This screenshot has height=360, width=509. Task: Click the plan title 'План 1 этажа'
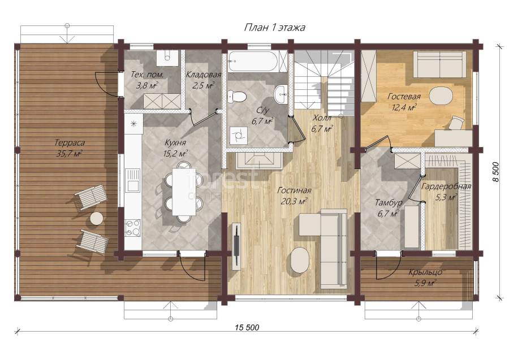coord(274,28)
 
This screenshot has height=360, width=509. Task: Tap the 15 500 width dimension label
coord(247,328)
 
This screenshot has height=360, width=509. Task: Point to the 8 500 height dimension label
coord(495,172)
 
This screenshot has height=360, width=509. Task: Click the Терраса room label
coord(70,143)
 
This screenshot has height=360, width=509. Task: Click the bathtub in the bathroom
coord(252,62)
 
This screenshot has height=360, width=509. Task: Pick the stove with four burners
coord(133,228)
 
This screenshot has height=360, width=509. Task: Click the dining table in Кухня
coord(184,192)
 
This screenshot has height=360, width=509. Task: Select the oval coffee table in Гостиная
coord(300,260)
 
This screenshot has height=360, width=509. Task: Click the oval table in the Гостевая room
coord(441,96)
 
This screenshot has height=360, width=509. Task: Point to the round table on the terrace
coord(97,218)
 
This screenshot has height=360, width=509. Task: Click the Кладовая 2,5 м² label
coord(204,80)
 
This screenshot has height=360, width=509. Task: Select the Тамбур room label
coord(389,203)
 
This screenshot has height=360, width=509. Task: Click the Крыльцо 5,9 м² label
coord(425,277)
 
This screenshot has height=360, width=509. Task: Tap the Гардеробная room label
coord(446,186)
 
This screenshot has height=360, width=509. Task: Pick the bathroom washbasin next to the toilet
coord(281,94)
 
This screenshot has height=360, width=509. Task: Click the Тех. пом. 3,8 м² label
coord(147,80)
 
